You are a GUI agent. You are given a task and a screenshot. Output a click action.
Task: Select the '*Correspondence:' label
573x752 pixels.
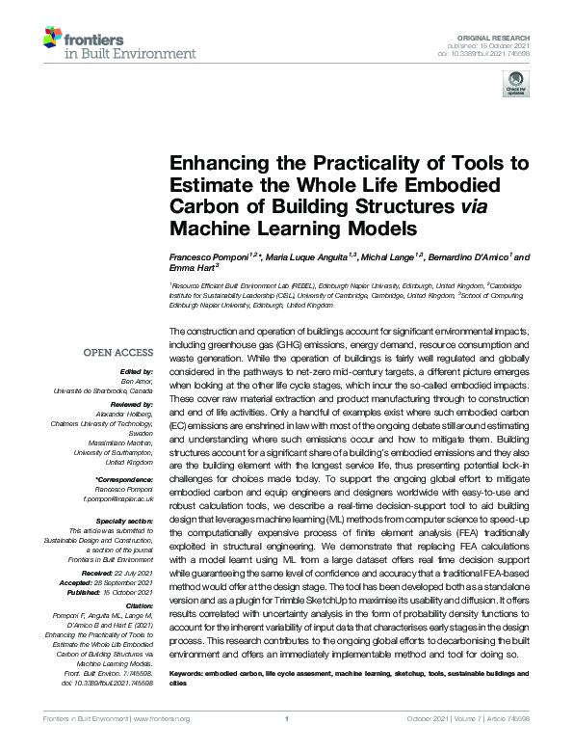[125, 479]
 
